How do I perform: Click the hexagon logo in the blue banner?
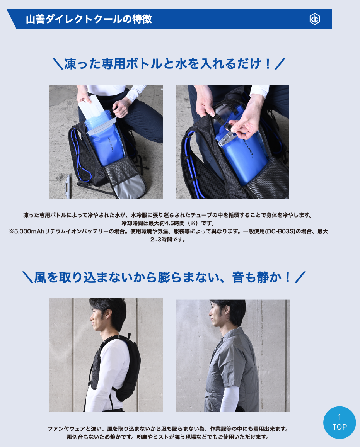(x=315, y=19)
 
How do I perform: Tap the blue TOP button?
(x=340, y=423)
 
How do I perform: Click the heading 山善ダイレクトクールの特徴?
(x=89, y=19)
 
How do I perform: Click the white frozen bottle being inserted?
(x=91, y=107)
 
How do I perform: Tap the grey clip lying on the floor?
(x=68, y=186)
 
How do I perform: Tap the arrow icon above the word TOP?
(x=340, y=417)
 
